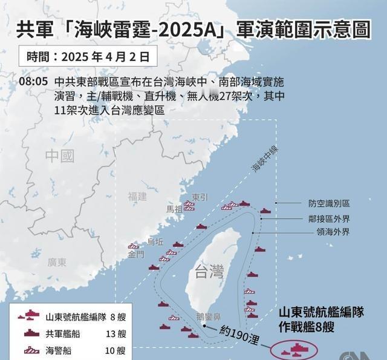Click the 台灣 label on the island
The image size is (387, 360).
209,271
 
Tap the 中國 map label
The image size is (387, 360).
60,156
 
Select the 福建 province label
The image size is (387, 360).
137,197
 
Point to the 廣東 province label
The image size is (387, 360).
57,262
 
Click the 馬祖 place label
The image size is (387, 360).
174,209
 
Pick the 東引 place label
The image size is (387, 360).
200,197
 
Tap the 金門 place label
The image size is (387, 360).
135,255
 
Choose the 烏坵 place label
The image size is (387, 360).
155,241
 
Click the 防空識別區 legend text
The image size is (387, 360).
329,204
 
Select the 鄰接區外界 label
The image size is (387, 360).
329,218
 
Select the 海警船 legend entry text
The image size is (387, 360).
58,350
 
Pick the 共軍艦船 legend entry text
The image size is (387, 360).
62,333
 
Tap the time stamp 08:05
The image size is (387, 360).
33,80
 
